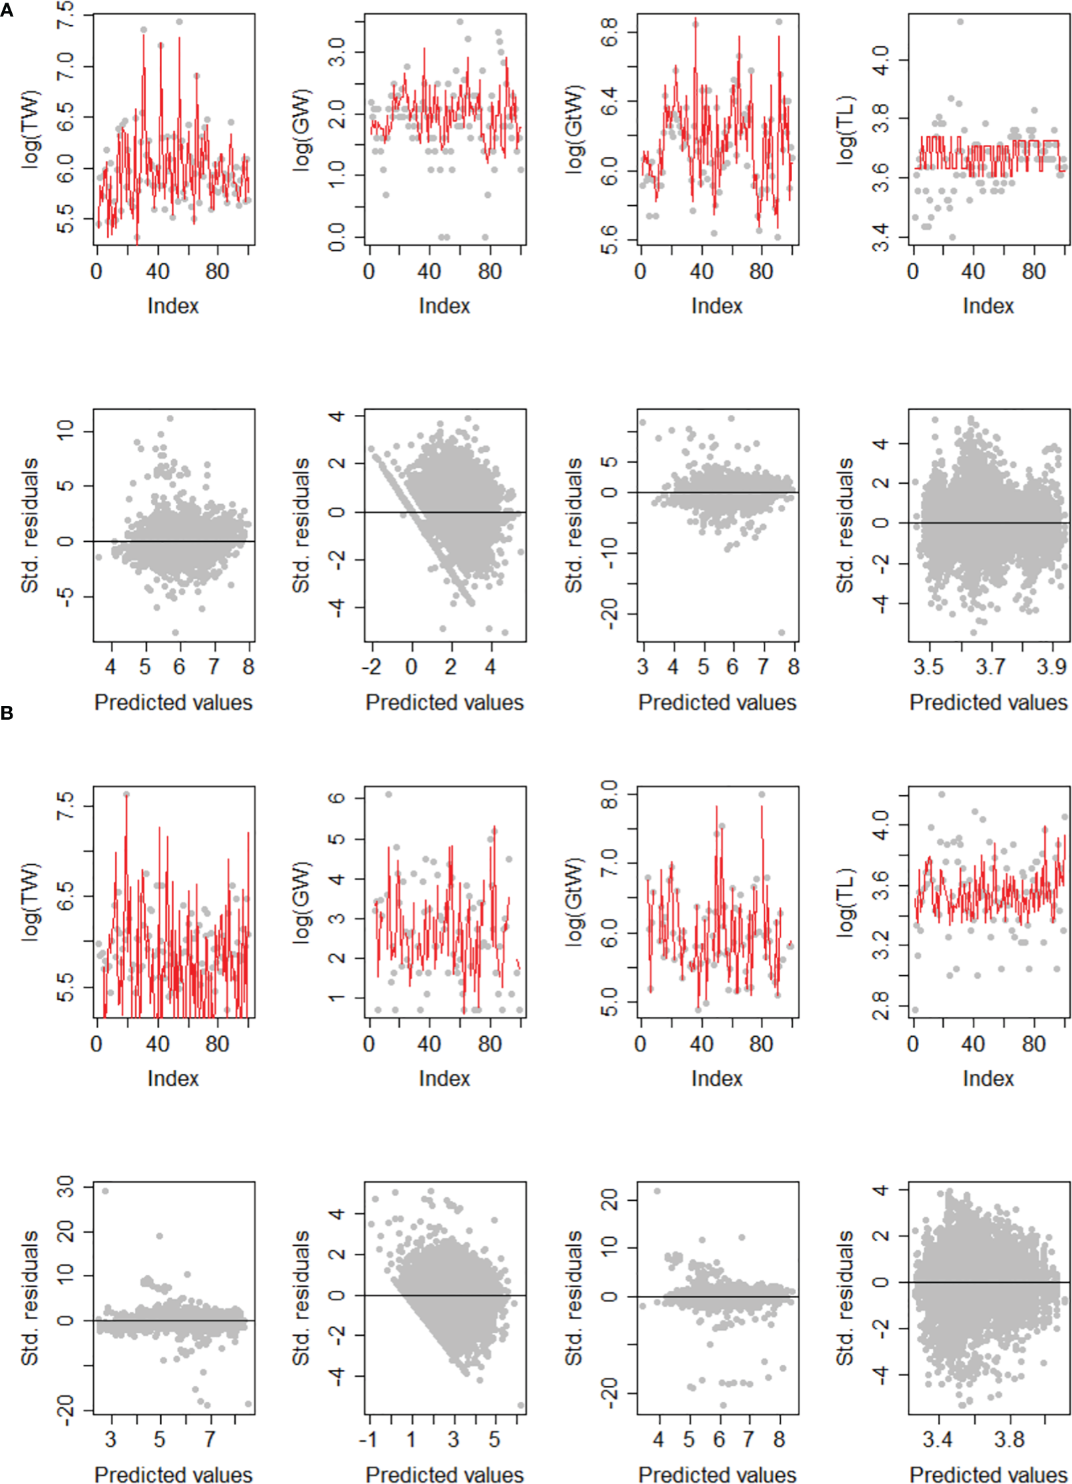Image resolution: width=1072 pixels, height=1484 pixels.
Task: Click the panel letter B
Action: pyautogui.click(x=7, y=713)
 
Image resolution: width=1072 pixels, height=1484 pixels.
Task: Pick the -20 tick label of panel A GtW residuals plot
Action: pyautogui.click(x=609, y=613)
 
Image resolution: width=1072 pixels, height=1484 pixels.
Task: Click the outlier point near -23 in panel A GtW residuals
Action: pyautogui.click(x=782, y=633)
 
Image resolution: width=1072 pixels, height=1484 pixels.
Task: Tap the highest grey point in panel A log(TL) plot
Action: pyautogui.click(x=960, y=22)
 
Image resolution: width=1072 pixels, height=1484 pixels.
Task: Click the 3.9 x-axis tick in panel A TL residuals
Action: pyautogui.click(x=1051, y=667)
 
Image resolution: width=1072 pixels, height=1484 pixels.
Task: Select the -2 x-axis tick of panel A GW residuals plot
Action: pyautogui.click(x=372, y=667)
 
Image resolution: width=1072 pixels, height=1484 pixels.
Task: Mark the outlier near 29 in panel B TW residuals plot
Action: pyautogui.click(x=105, y=1191)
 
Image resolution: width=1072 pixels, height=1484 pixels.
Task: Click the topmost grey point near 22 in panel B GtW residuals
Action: pyautogui.click(x=657, y=1191)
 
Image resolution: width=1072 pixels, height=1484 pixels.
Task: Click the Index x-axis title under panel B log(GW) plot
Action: pyautogui.click(x=444, y=1078)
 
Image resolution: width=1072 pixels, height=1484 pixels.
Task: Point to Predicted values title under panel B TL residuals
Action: pyautogui.click(x=988, y=1474)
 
